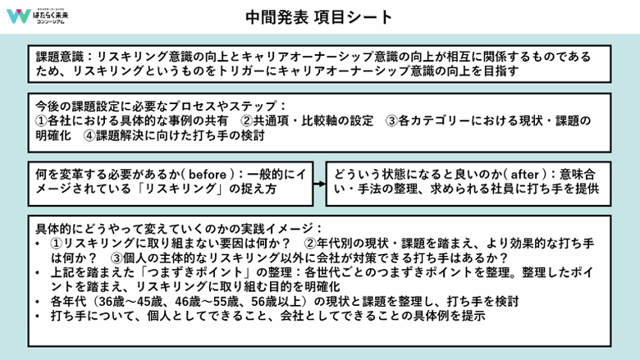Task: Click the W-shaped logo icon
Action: (x=16, y=17)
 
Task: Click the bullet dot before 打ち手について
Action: (x=39, y=316)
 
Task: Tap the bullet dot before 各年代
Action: (x=39, y=301)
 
